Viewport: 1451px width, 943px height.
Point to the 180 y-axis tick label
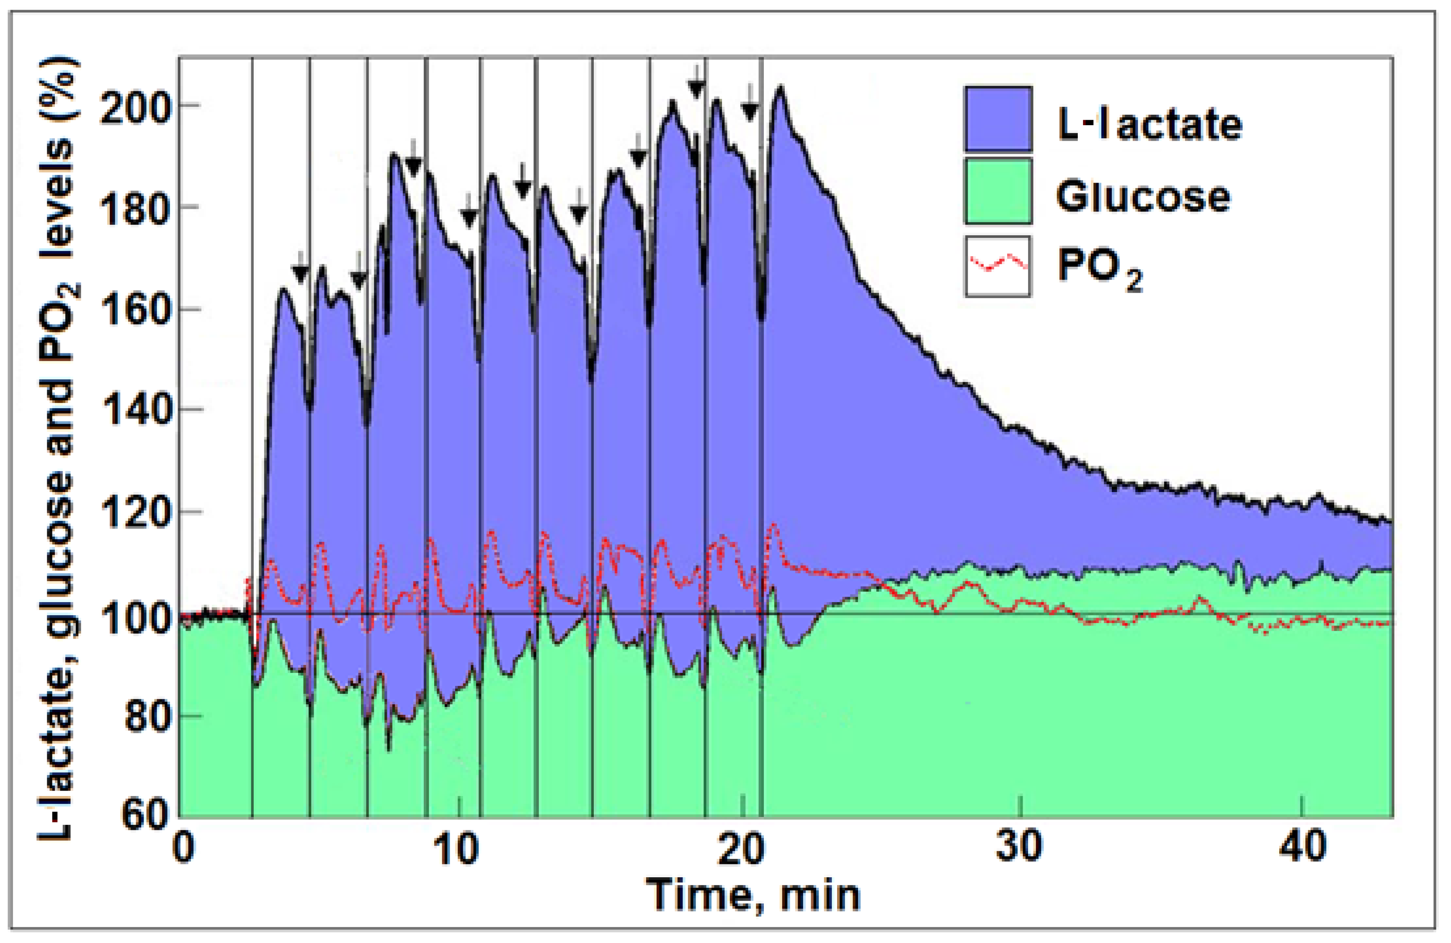tap(133, 209)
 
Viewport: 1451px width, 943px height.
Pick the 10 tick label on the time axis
tap(456, 848)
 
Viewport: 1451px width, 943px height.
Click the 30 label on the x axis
tap(1019, 848)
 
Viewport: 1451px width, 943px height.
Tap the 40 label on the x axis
tap(1302, 848)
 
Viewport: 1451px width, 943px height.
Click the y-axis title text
tap(58, 448)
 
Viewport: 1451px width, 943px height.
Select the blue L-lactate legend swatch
tap(998, 119)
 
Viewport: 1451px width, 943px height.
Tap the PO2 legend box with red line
tap(998, 266)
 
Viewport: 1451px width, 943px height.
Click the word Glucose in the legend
tap(1143, 196)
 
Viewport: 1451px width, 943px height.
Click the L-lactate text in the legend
tap(1149, 125)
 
